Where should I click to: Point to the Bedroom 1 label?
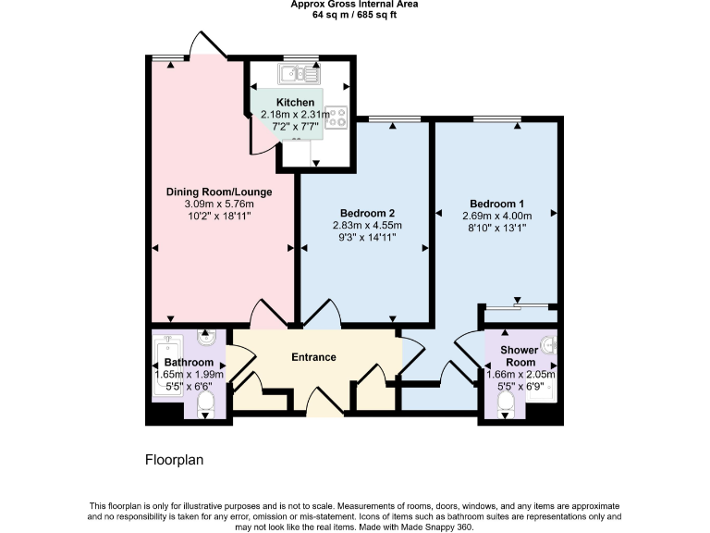tap(496, 204)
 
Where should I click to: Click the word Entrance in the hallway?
tap(313, 357)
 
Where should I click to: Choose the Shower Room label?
tap(519, 356)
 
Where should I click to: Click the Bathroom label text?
tap(189, 362)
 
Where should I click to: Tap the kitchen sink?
tap(300, 73)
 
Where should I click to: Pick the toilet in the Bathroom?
tap(206, 402)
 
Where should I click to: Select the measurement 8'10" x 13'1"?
tap(496, 228)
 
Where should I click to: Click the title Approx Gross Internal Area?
tap(354, 5)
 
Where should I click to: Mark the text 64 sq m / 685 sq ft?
tap(354, 15)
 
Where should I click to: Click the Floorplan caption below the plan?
tap(174, 460)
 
